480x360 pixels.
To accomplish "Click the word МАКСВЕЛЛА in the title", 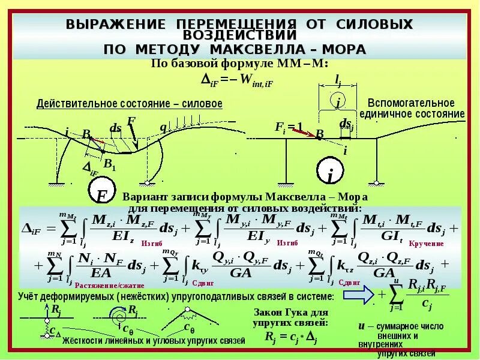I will click(x=262, y=49).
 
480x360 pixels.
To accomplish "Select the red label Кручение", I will click(x=426, y=244).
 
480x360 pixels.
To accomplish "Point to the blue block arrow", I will click(x=358, y=295).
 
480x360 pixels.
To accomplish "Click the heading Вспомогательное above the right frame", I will click(x=411, y=103).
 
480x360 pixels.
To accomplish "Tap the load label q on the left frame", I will click(x=163, y=127).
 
